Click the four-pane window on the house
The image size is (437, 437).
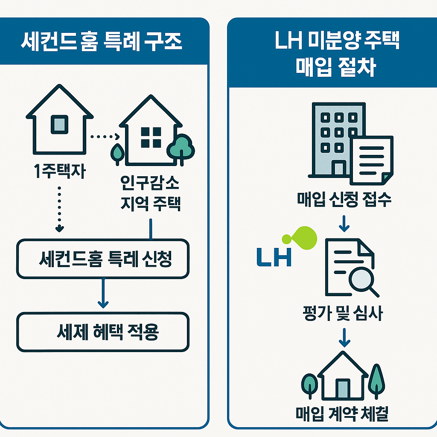pyautogui.click(x=150, y=137)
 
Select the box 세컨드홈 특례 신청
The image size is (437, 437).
pyautogui.click(x=102, y=259)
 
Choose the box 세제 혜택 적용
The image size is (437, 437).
pyautogui.click(x=102, y=332)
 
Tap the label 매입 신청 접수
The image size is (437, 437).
pyautogui.click(x=344, y=200)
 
